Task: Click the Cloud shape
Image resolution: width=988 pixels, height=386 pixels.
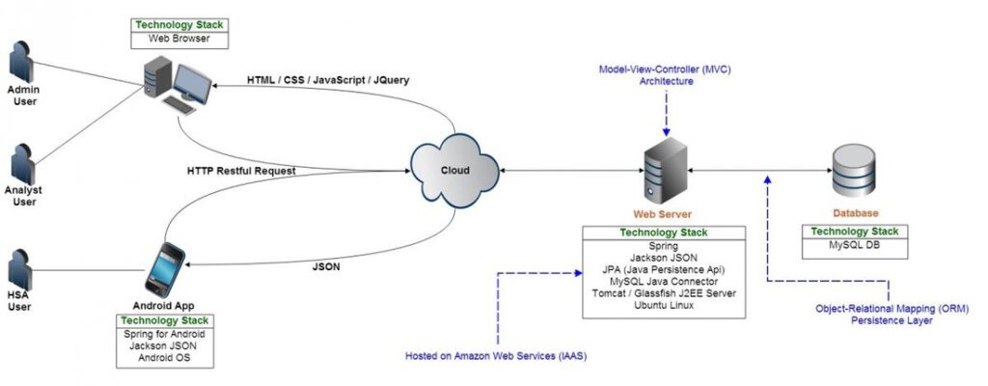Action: (454, 170)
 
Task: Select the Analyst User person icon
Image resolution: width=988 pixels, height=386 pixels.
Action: (23, 165)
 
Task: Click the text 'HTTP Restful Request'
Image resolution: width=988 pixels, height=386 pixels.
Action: (241, 171)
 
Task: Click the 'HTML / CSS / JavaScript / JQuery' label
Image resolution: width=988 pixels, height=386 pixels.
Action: (329, 80)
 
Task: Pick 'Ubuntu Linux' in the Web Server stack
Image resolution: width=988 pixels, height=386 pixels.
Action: (663, 305)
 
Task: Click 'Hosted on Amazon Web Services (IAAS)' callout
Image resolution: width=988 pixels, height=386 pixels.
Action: (495, 357)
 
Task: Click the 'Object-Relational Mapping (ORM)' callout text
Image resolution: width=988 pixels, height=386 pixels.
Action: (891, 308)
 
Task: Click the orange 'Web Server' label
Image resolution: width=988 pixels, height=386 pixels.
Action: (662, 214)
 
